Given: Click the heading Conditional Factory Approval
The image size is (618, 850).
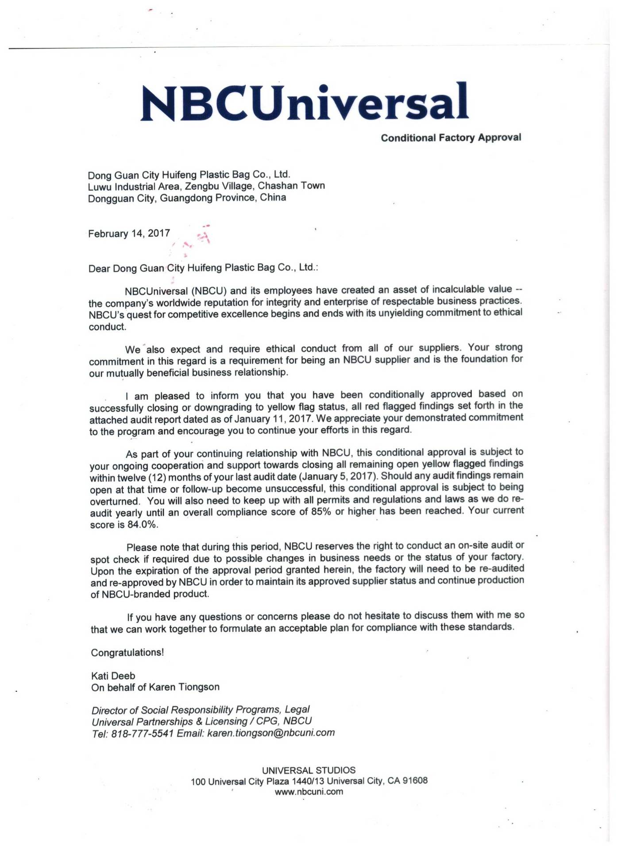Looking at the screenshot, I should tap(451, 138).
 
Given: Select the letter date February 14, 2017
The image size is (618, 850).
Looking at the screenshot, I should tap(129, 234).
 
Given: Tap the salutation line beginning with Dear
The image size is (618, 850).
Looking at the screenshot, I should tap(203, 268).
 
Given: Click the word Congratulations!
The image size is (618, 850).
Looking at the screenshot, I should tap(127, 653).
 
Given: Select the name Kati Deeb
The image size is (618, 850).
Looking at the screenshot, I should tap(113, 676).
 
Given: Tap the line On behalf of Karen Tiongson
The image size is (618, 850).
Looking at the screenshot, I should tap(155, 687).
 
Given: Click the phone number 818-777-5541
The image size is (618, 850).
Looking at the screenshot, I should tap(142, 734).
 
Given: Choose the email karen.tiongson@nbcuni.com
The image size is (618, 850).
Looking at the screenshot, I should tap(270, 733).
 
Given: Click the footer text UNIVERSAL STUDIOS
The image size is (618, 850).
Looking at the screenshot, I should tap(309, 770).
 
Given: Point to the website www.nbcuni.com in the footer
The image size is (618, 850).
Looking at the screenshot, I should tap(309, 792).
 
